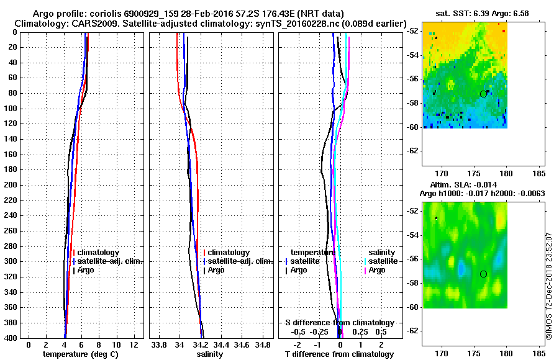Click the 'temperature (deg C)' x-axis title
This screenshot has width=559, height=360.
80,354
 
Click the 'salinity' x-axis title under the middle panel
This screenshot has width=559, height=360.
210,354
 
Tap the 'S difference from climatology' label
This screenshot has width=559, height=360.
340,323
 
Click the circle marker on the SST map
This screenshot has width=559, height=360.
483,94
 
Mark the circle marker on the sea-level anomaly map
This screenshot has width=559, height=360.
483,274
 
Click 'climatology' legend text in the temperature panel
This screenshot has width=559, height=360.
98,253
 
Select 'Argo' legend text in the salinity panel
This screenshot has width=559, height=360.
216,270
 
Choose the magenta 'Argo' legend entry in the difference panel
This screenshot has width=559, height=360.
377,270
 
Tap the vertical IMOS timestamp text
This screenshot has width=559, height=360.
548,286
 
